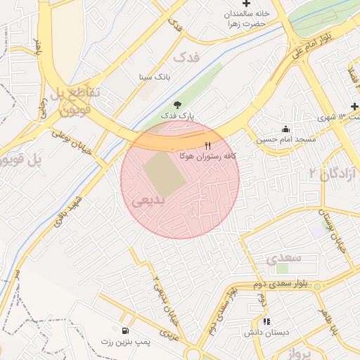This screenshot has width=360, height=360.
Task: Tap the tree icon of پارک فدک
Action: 177,104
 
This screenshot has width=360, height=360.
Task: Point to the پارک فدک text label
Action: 178,115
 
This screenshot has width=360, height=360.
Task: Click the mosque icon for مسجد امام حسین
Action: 285,129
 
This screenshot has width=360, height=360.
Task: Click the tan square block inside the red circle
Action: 164,174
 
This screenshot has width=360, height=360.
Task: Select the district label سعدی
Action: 283,257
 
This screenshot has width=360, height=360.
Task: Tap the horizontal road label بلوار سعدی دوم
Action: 278,285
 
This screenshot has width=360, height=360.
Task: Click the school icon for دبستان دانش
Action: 266,321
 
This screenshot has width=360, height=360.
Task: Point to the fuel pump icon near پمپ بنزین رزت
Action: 125,330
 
